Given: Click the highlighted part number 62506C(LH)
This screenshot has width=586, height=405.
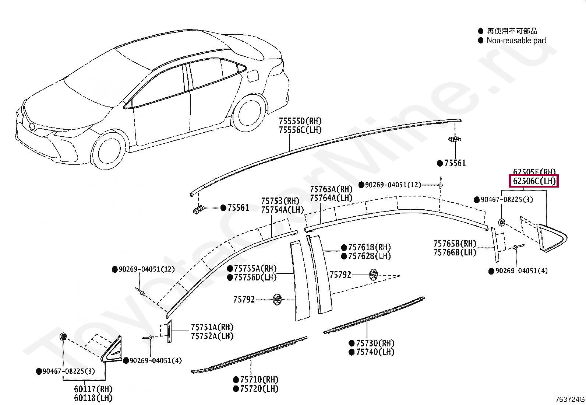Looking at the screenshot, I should pos(534,181).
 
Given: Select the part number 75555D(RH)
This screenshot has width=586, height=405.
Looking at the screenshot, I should pos(300,121).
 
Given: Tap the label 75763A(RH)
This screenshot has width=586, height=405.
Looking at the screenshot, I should pos(331,189).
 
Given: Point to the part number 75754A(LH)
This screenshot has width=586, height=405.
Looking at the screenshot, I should pos(282,210).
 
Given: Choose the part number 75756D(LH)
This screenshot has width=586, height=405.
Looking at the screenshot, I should pos(255,277).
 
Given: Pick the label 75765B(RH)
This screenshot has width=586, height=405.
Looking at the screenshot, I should pos(455,244).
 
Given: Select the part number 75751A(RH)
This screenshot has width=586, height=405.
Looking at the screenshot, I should pos(212,327).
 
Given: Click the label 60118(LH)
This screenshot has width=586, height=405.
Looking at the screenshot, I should pos(93,398).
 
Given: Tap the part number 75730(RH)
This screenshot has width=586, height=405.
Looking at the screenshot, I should pos(375,343).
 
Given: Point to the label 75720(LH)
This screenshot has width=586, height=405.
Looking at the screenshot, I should pos(259,388).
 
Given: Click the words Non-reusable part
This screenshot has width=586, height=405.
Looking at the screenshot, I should pos(516,41).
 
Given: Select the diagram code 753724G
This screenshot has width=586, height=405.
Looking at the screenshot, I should pos(570,399).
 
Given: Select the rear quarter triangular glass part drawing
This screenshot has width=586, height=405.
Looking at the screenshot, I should pos(551,238).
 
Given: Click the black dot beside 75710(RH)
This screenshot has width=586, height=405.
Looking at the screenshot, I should pos(236,380).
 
